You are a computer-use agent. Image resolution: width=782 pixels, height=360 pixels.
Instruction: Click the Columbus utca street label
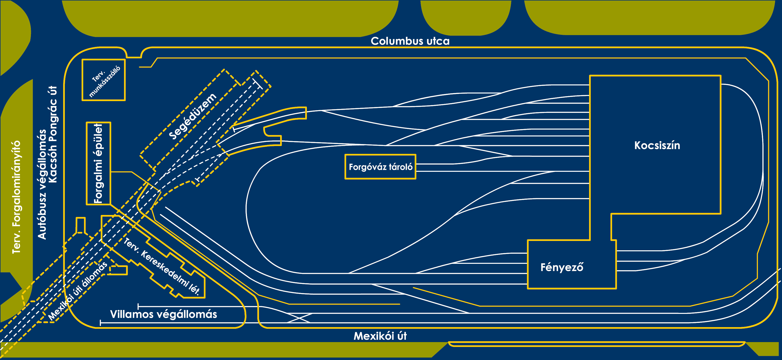pyautogui.click(x=410, y=41)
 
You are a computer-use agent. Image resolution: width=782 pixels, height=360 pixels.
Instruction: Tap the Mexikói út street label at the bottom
pyautogui.click(x=380, y=336)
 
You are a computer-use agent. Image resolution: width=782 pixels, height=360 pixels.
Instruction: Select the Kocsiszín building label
pyautogui.click(x=657, y=145)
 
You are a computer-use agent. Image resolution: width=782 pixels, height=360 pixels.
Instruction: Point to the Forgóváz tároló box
pyautogui.click(x=380, y=167)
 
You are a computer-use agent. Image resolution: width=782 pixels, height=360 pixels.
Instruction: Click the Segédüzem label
pyautogui.click(x=192, y=117)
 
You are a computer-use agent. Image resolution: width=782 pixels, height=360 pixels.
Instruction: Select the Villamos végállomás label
pyautogui.click(x=163, y=314)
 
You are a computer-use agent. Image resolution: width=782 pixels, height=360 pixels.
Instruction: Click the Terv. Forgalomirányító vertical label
pyautogui.click(x=16, y=197)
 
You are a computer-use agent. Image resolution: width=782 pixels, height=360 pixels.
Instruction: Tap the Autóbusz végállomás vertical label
pyautogui.click(x=42, y=184)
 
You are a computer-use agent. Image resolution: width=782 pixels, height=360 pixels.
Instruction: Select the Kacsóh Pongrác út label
pyautogui.click(x=53, y=134)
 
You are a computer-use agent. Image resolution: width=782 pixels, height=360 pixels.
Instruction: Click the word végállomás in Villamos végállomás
pyautogui.click(x=186, y=314)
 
